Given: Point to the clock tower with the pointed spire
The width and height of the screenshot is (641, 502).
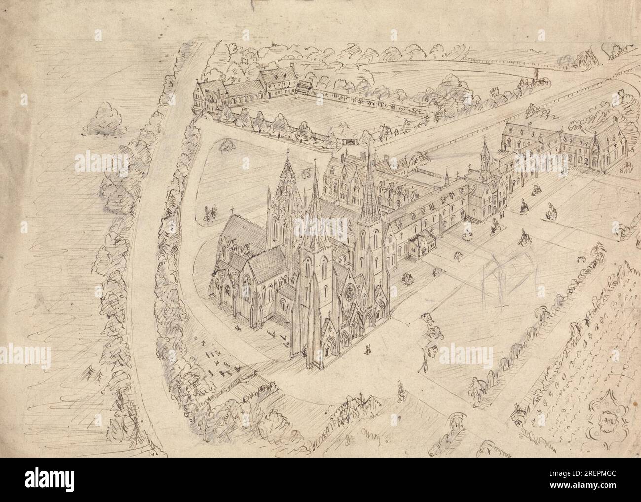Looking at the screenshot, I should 486,158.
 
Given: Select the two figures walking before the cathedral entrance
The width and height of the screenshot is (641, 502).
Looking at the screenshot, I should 367,350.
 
